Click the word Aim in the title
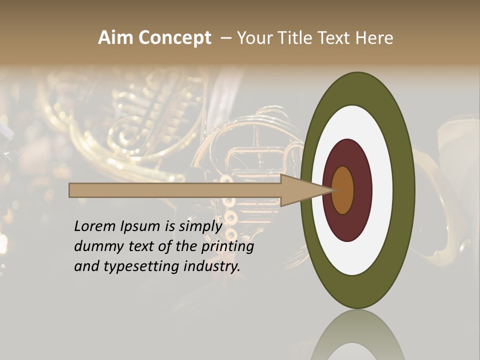tap(116, 38)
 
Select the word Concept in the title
tap(175, 38)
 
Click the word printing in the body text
tap(227, 247)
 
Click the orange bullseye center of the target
tap(343, 190)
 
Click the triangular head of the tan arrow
tap(305, 190)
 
